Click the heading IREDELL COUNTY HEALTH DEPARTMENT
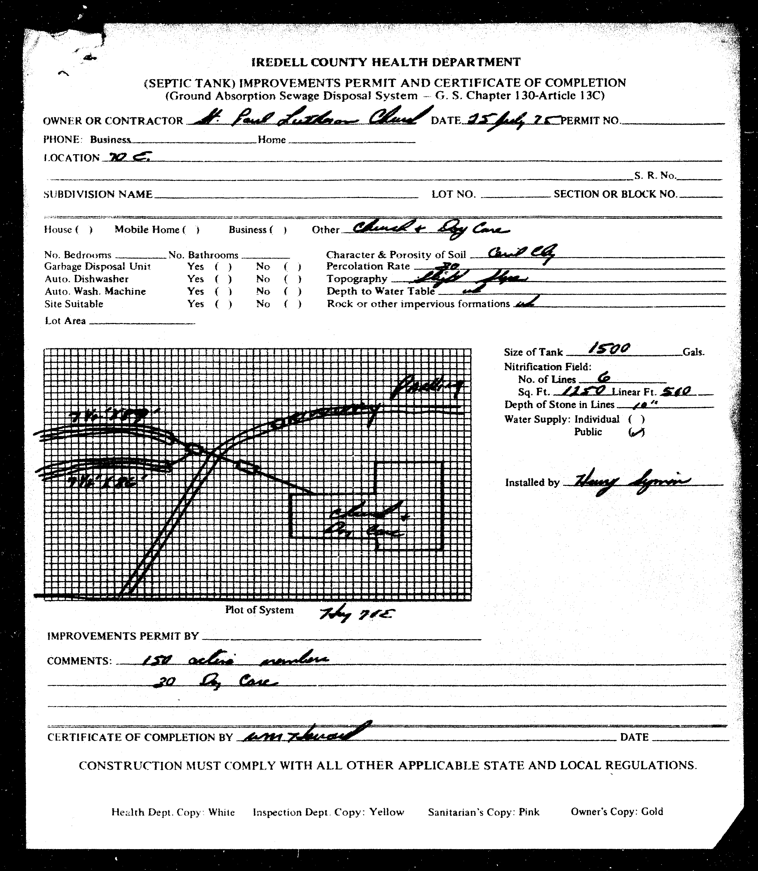[x=386, y=62]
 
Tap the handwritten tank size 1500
[x=609, y=349]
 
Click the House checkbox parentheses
[x=84, y=230]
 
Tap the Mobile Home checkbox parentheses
[x=191, y=230]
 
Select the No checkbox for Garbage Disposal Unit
[x=293, y=267]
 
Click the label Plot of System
[x=259, y=610]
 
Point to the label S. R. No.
[x=654, y=176]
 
